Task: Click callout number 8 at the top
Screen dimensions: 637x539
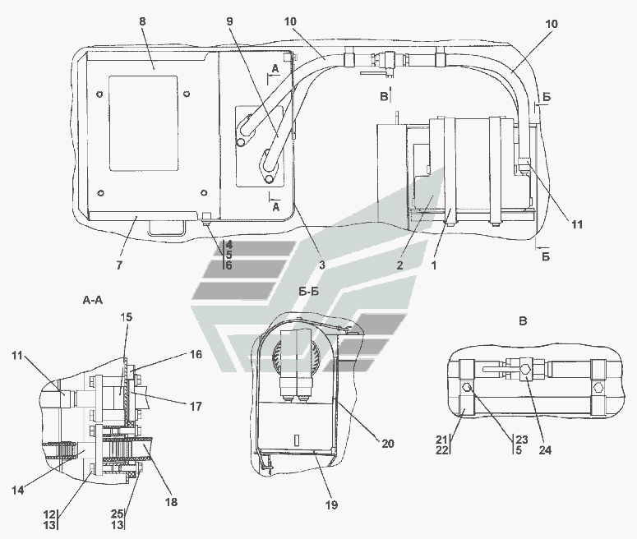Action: click(142, 21)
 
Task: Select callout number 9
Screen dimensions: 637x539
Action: click(230, 21)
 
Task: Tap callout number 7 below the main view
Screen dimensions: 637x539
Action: click(119, 265)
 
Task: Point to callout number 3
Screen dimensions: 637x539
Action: click(321, 265)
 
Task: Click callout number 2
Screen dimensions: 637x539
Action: click(399, 265)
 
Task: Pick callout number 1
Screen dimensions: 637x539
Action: click(434, 265)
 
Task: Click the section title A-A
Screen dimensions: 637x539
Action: click(93, 300)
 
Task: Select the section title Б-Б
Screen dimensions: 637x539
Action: click(309, 292)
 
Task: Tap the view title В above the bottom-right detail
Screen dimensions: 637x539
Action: click(523, 321)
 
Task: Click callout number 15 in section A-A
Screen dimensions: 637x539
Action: click(127, 317)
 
